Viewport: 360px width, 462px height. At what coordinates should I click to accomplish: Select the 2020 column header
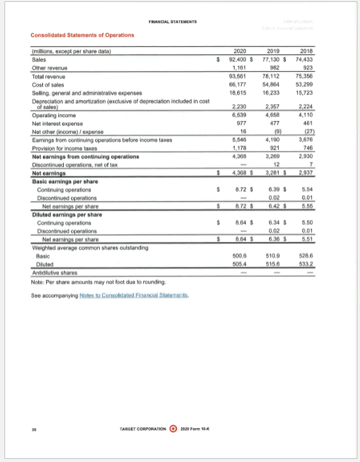240,50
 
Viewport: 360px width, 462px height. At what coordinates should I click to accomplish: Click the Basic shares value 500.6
241,254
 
